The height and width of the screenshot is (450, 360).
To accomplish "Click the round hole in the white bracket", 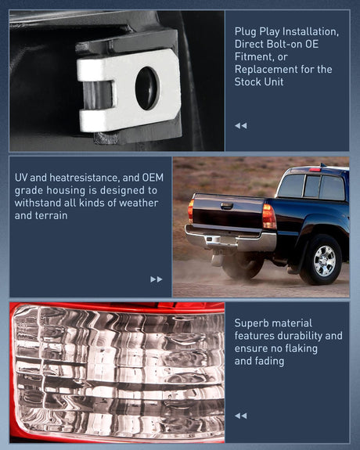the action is point(147,88).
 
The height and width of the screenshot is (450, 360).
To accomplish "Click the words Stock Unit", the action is point(259,82).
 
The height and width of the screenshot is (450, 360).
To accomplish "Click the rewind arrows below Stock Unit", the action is point(240,126).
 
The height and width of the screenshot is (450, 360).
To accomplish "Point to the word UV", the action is point(21,178).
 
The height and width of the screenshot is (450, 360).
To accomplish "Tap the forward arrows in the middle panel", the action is point(157,279).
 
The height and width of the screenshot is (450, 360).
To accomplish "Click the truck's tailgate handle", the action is point(227,206).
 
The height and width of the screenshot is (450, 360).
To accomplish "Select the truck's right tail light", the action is point(269,216).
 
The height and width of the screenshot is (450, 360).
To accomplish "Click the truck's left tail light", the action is point(191,211).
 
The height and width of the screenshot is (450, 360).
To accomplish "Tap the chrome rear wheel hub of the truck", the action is point(325,261).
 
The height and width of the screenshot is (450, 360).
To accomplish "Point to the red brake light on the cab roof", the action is point(315,170).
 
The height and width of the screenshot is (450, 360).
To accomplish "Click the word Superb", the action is point(248,323).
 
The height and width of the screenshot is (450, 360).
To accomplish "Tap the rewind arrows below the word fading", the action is point(240,416).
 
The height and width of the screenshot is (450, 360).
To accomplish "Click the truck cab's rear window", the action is point(311,187).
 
